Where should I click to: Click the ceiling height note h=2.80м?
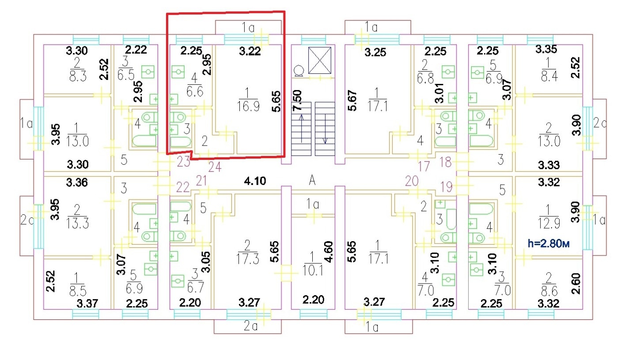pyautogui.click(x=548, y=243)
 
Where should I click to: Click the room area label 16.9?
pyautogui.click(x=248, y=106)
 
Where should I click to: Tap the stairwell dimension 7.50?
pyautogui.click(x=297, y=101)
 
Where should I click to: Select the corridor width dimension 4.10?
pyautogui.click(x=255, y=181)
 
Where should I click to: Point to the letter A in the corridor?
pyautogui.click(x=312, y=180)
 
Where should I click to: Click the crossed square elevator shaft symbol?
pyautogui.click(x=320, y=60)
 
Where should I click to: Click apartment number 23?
pyautogui.click(x=183, y=162)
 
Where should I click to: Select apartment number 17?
pyautogui.click(x=424, y=167)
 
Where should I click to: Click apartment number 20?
pyautogui.click(x=412, y=181)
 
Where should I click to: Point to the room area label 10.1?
pyautogui.click(x=312, y=271)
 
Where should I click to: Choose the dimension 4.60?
pyautogui.click(x=329, y=252)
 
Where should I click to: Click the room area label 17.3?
pyautogui.click(x=248, y=259)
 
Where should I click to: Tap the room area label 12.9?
pyautogui.click(x=549, y=224)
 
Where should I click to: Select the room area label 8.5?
pyautogui.click(x=78, y=291)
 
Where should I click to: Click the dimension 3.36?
pyautogui.click(x=77, y=182)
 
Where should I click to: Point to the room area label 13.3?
pyautogui.click(x=77, y=224)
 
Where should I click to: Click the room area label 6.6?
pyautogui.click(x=195, y=92)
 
